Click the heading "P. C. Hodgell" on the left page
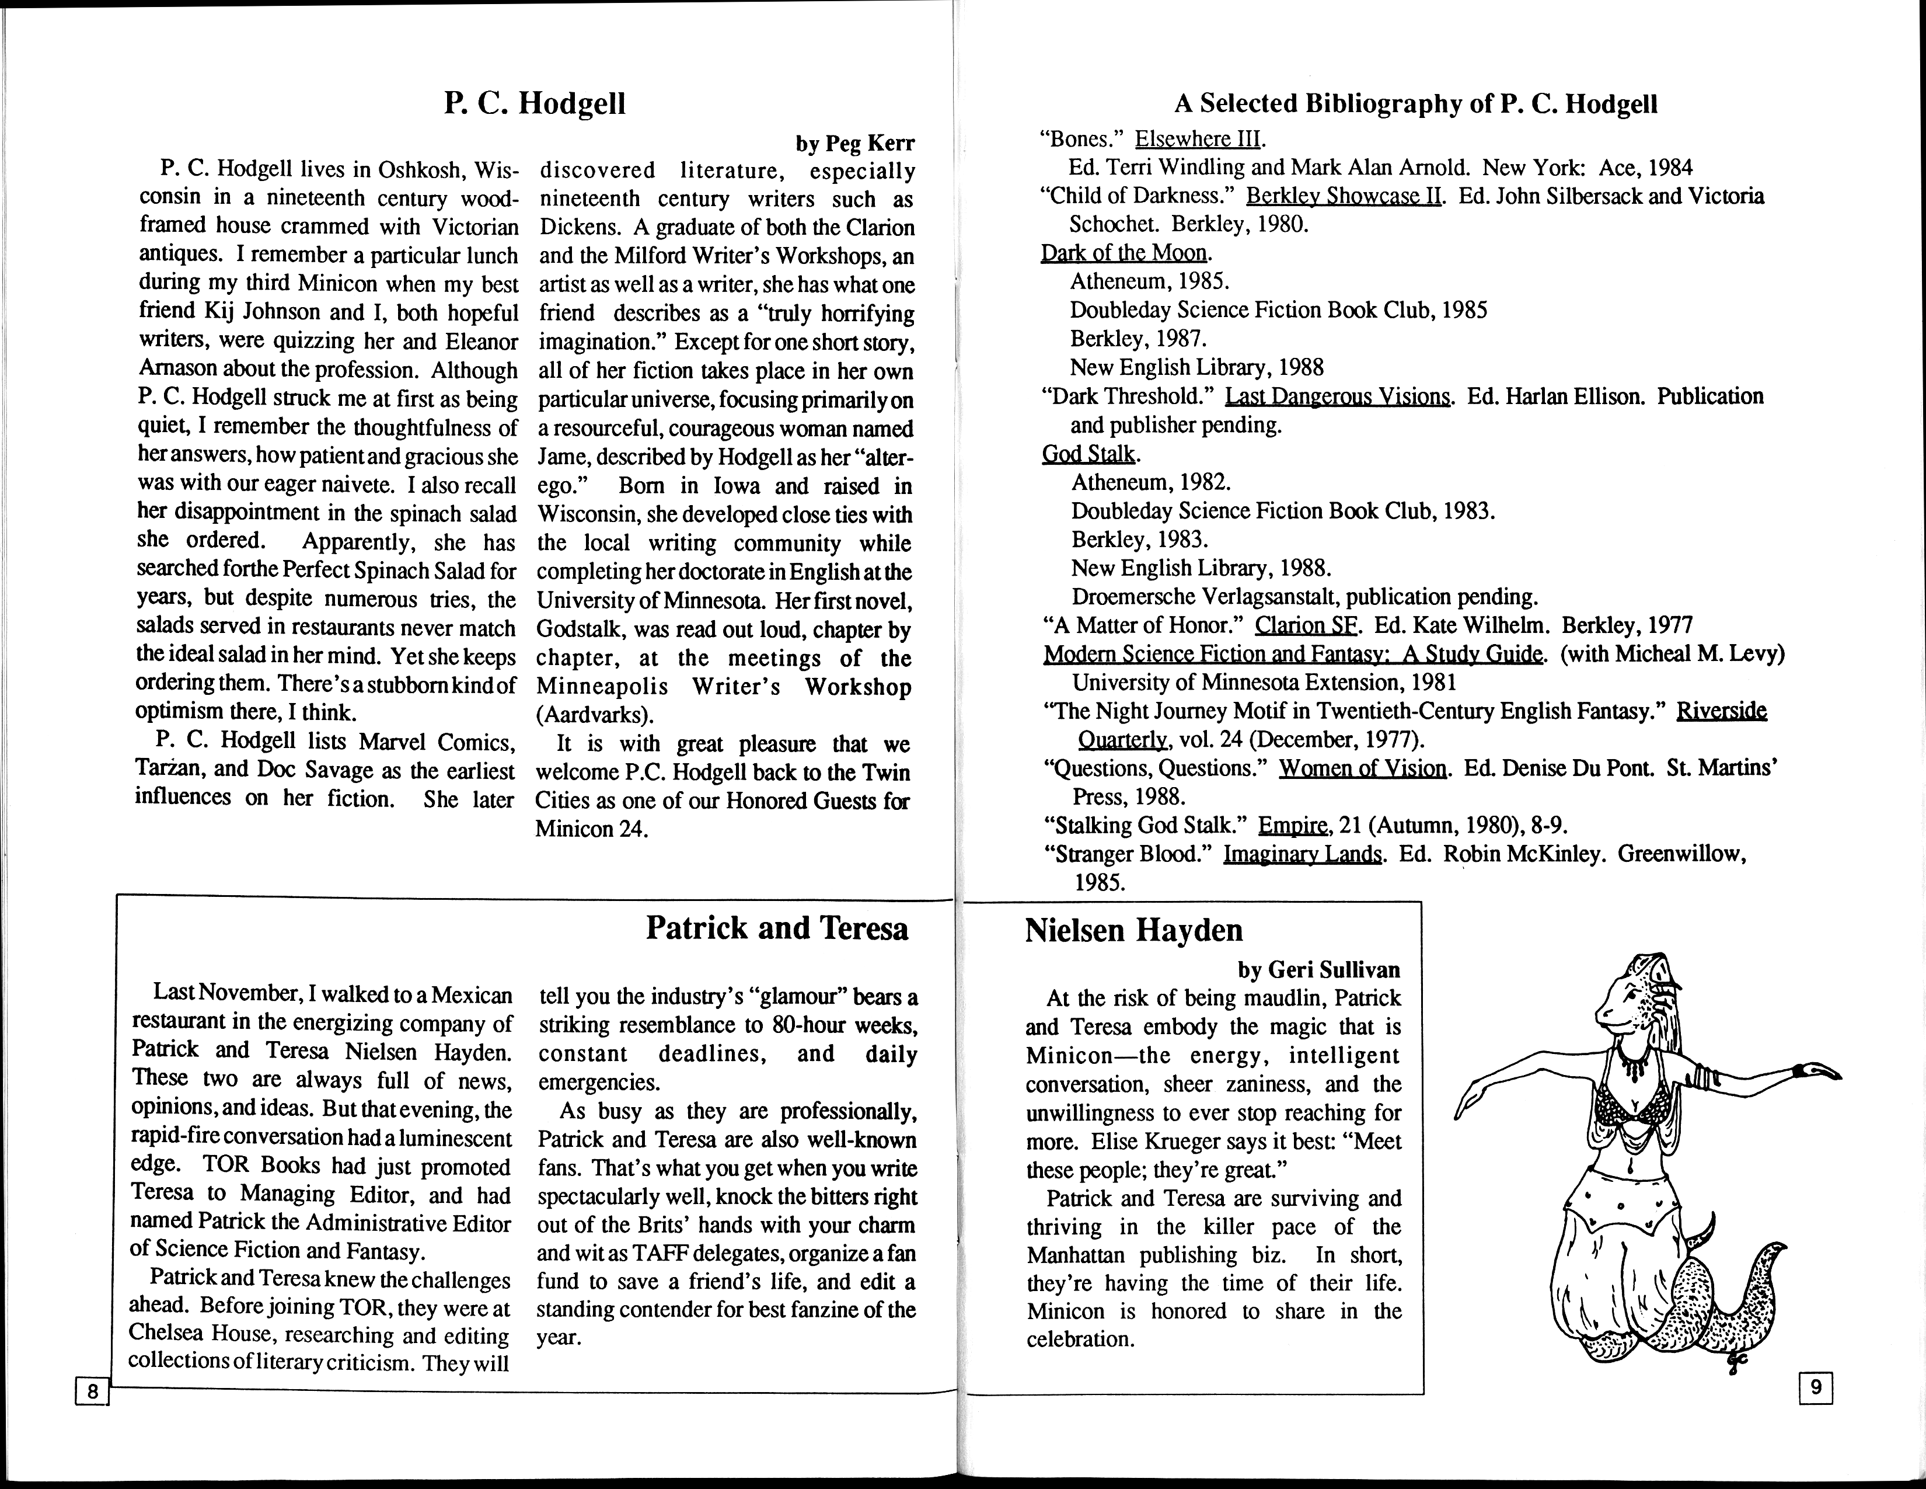point(535,103)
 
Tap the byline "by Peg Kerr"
point(854,143)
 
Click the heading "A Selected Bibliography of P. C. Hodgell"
point(1415,104)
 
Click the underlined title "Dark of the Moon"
point(1123,253)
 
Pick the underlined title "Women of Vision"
point(1362,768)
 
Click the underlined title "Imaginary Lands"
point(1302,854)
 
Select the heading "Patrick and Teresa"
point(776,928)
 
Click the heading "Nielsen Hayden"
point(1133,930)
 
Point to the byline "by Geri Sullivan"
point(1318,970)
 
